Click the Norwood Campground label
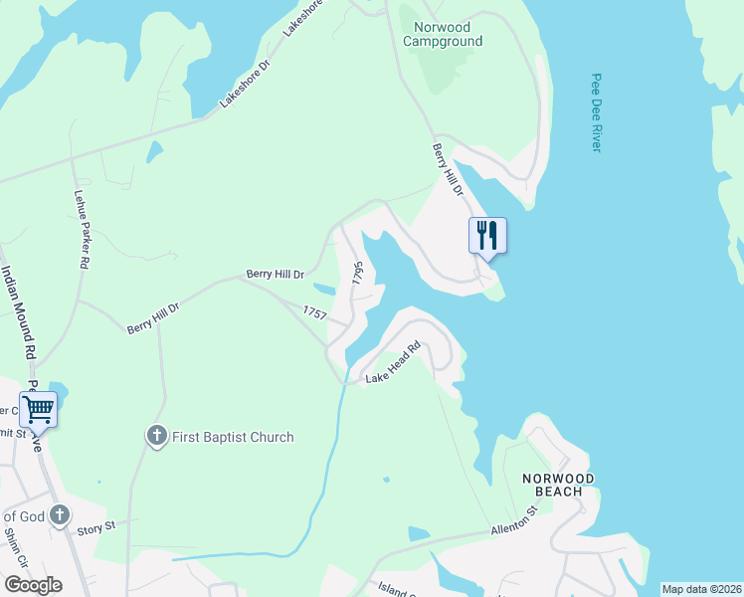point(443,34)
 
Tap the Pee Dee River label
point(596,111)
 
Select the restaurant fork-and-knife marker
point(487,237)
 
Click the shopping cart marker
point(38,409)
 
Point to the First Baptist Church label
point(233,437)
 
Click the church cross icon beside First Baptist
point(156,436)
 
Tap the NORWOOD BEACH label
point(559,486)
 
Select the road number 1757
point(315,312)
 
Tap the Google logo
point(33,585)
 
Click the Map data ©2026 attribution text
point(700,589)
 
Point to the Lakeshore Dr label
point(245,84)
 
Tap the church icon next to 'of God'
point(60,515)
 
